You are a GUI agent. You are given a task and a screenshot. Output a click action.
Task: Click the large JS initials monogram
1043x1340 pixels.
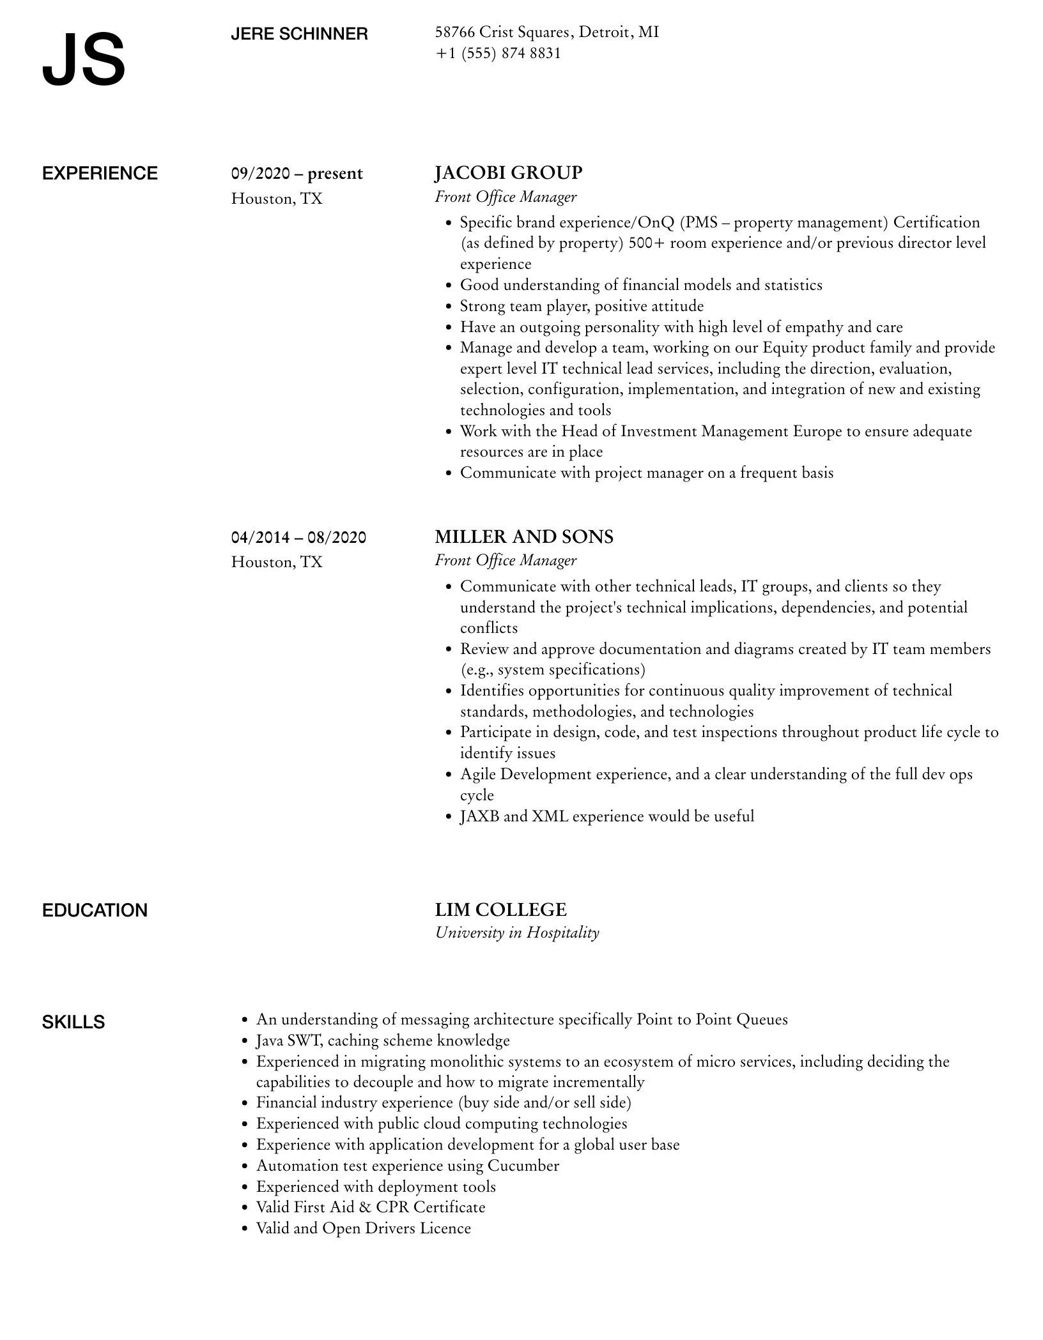tap(84, 60)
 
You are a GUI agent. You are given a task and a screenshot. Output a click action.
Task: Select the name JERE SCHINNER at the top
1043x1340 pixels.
tap(299, 34)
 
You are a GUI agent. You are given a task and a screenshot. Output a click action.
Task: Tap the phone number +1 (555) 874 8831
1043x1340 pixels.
tap(498, 53)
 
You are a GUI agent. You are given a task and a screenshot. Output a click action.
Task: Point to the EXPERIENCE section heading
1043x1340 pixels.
tap(100, 174)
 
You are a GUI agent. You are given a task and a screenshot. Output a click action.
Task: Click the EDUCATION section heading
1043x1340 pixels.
tap(95, 910)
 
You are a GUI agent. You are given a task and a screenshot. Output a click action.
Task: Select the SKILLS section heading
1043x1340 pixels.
tap(73, 1022)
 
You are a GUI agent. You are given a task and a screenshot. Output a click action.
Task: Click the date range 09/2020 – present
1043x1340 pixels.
tap(297, 174)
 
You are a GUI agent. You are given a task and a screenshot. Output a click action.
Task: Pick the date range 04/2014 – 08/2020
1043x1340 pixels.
tap(298, 537)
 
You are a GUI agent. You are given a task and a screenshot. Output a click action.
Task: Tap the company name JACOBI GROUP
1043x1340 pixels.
tap(509, 173)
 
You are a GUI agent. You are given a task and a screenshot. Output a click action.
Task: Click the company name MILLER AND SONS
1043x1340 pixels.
tap(524, 537)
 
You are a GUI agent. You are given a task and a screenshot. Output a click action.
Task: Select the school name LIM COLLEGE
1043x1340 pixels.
tap(501, 910)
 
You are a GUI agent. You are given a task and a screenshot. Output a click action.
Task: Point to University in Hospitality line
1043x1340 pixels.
tap(517, 933)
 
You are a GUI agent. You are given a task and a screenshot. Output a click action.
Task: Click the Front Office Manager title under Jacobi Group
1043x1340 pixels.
tap(506, 197)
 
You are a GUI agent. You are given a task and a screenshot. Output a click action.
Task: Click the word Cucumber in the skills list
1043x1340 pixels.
tap(523, 1166)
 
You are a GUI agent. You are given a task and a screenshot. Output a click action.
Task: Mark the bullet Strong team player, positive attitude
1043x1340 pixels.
tap(582, 306)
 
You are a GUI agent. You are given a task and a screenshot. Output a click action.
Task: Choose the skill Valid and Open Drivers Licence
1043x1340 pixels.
tap(363, 1228)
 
